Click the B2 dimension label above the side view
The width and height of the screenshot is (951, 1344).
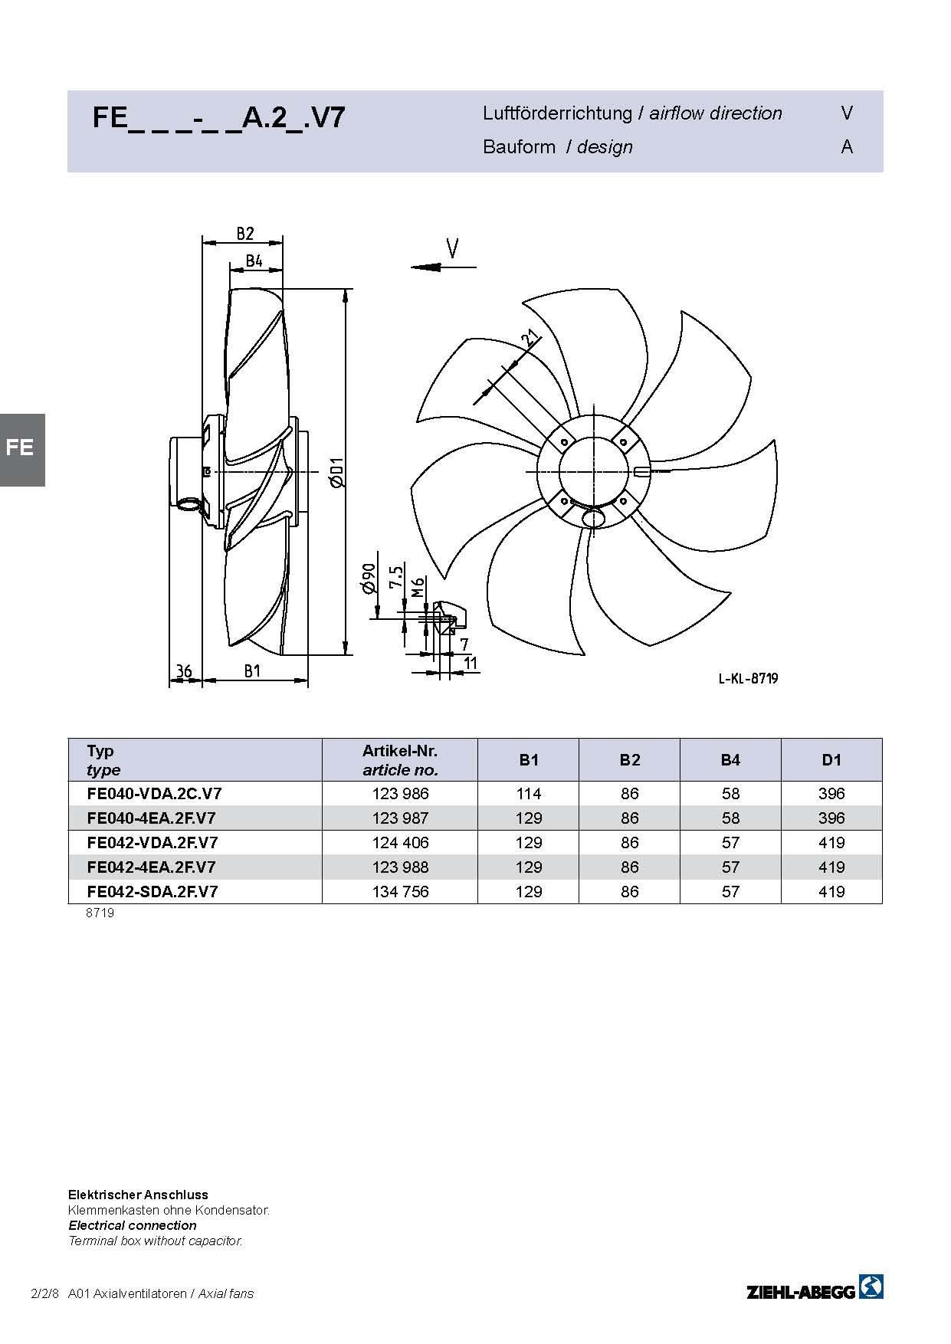[x=244, y=233]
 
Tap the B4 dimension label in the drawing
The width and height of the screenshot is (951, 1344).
[x=254, y=261]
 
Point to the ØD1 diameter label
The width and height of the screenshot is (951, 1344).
[x=337, y=471]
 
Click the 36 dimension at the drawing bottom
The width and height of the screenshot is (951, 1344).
[x=184, y=671]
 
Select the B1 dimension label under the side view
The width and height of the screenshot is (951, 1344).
[x=253, y=671]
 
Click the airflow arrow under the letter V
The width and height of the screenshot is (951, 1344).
[x=443, y=267]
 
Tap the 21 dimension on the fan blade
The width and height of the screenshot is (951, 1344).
[x=529, y=338]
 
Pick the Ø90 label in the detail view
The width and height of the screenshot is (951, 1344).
[x=369, y=579]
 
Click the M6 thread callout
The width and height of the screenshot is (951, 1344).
[x=418, y=588]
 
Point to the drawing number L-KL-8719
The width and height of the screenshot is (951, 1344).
[x=748, y=678]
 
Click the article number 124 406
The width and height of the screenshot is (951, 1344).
[x=400, y=843]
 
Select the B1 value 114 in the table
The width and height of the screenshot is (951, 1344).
[x=529, y=794]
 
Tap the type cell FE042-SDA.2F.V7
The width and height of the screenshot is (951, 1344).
[x=152, y=892]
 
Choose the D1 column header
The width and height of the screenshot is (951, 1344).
[x=831, y=760]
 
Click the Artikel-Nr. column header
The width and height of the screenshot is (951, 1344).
[x=400, y=751]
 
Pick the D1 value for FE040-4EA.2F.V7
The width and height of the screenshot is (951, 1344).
[x=831, y=818]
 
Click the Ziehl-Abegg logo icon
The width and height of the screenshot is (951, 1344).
[x=871, y=1287]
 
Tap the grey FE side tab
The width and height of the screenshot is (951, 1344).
[x=21, y=450]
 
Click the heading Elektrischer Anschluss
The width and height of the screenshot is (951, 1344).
[x=138, y=1195]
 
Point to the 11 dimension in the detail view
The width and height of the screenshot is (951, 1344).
[x=471, y=663]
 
